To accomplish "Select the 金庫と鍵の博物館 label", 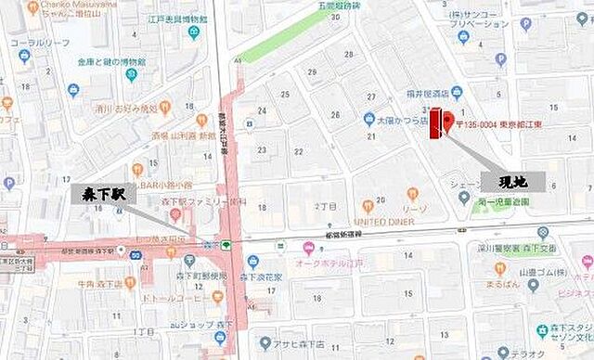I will tap(116, 61).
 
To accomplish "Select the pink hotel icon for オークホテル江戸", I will tap(308, 248).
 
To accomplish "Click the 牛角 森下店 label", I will tap(103, 286).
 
